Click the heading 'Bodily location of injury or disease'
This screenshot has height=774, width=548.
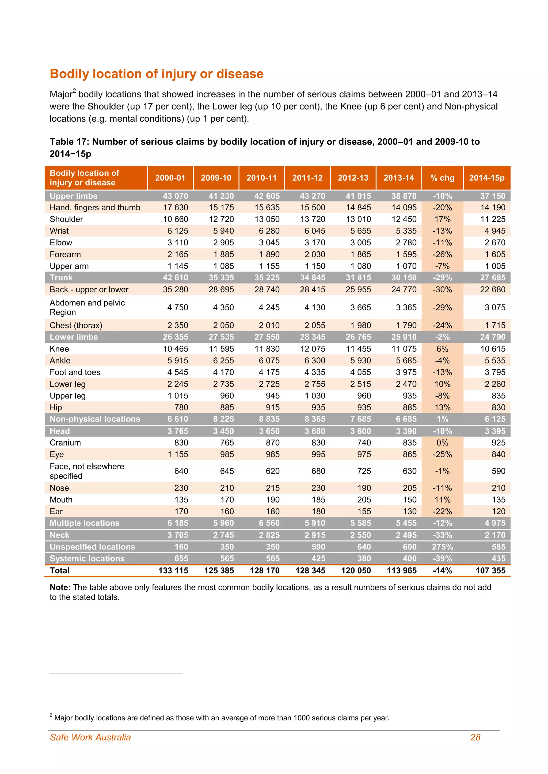157,74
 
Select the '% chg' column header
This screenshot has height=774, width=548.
442,178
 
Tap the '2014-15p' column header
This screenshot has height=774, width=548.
486,178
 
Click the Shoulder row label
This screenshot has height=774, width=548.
66,219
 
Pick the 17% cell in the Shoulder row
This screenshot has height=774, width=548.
442,219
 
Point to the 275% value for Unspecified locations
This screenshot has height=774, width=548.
442,547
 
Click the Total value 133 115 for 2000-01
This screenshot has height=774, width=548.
173,570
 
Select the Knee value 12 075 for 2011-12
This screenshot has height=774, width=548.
313,349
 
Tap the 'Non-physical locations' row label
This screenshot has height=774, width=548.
95,419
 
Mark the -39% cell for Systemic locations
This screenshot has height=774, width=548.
442,559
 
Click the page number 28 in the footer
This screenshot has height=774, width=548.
475,737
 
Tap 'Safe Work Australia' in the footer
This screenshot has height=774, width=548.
90,737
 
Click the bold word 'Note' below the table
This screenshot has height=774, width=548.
58,587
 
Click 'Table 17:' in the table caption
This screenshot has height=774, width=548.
70,142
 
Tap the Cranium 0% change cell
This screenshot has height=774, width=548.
442,443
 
